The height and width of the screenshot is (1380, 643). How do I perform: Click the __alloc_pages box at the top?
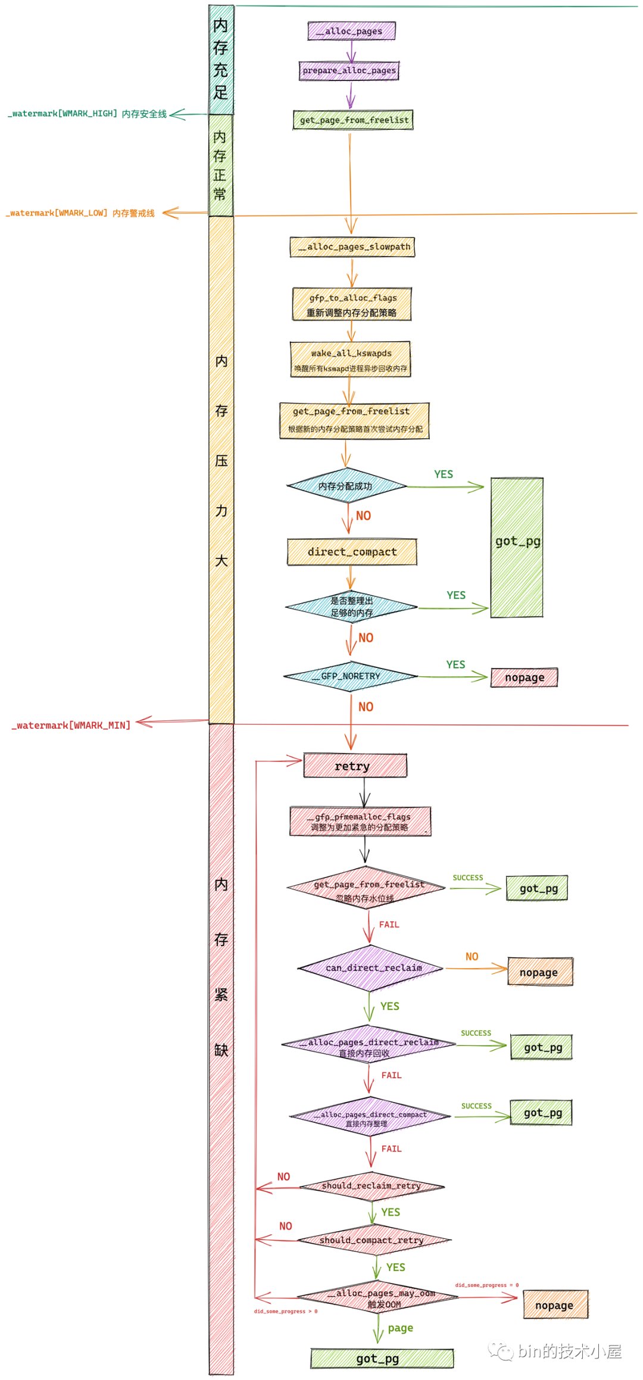point(351,31)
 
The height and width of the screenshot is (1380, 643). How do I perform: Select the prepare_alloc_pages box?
point(349,70)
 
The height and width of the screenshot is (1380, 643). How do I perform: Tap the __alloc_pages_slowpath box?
point(352,246)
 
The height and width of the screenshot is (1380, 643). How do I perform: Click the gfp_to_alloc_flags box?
point(352,304)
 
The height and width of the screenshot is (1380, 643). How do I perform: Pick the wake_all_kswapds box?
point(351,359)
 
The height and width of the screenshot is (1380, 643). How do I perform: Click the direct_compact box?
point(352,552)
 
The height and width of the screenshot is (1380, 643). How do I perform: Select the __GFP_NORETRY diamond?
point(350,676)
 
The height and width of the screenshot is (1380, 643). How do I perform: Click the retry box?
point(355,766)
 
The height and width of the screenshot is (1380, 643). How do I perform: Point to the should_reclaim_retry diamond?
point(372,1186)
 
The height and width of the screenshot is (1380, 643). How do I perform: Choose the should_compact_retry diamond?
point(373,1240)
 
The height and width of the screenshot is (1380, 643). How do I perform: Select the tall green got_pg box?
point(517,547)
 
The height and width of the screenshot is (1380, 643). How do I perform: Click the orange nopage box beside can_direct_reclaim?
point(539,972)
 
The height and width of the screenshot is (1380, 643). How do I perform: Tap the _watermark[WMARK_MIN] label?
point(71,725)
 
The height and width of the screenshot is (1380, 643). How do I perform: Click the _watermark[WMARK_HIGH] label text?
point(87,114)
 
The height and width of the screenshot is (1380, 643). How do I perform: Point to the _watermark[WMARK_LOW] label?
point(80,213)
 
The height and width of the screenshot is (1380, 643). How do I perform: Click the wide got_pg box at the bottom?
point(381,1359)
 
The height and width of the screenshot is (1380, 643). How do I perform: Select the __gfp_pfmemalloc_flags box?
point(360,822)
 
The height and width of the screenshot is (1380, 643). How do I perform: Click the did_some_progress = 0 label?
point(487,1285)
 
